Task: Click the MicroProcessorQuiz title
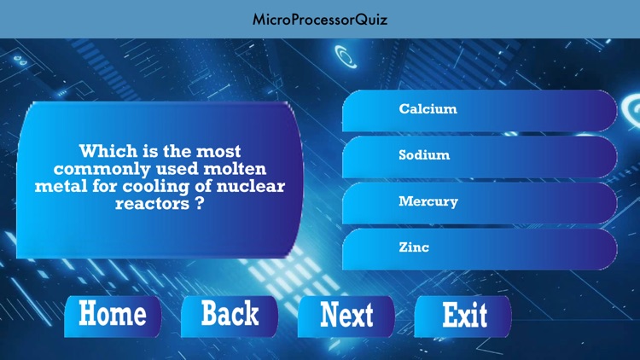319,19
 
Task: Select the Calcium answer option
428,109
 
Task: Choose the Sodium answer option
424,155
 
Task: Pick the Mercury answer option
428,202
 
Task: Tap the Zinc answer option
414,248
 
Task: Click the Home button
112,315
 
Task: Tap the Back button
230,315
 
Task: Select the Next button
346,315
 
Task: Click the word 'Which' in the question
107,152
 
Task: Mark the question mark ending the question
198,205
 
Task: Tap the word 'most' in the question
217,152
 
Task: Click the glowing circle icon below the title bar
346,57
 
